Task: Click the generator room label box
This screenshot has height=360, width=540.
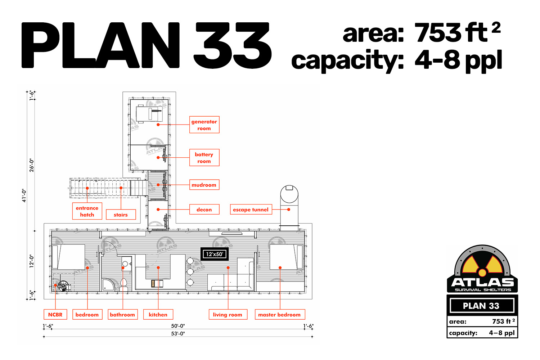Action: point(204,125)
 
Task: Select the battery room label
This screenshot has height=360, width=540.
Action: point(204,157)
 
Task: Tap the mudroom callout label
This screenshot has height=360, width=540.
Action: point(204,185)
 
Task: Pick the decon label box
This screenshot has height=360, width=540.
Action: point(204,209)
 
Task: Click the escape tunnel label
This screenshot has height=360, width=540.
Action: point(251,209)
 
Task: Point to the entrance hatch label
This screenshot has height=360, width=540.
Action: point(87,211)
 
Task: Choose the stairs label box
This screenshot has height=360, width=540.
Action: point(121,214)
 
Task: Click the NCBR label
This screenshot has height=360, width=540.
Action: point(55,314)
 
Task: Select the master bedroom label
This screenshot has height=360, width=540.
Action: point(280,314)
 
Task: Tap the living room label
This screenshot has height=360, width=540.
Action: point(228,314)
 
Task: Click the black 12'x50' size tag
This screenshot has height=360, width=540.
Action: point(215,254)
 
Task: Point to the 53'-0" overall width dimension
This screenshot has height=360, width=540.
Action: point(178,334)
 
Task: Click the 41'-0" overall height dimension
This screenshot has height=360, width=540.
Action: point(24,195)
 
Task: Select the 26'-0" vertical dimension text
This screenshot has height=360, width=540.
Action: point(32,165)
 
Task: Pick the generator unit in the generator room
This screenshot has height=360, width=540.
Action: point(149,113)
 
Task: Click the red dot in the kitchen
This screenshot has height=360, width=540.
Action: point(158,267)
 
